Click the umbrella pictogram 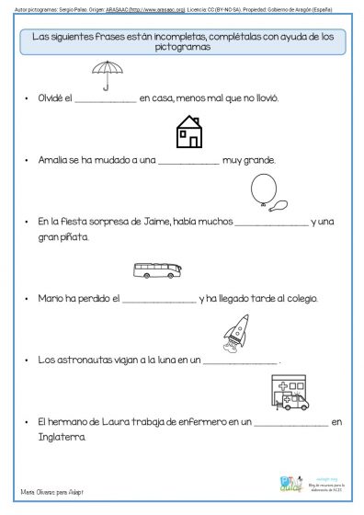[108, 74]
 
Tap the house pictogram [188, 132]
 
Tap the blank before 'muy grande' [189, 160]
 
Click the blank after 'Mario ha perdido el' [159, 299]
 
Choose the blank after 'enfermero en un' [290, 422]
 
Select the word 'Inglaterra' [62, 437]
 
